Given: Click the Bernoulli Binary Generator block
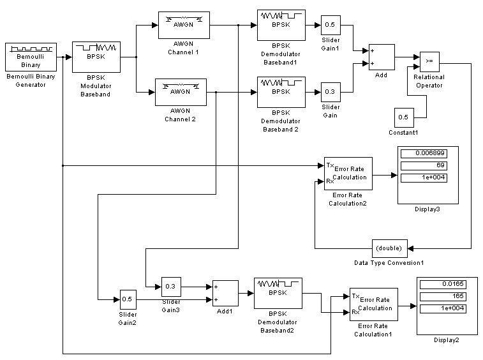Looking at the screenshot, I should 31,56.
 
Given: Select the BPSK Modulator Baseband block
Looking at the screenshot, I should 95,56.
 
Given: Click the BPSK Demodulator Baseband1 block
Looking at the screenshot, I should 281,25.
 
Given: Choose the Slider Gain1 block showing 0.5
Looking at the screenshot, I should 330,25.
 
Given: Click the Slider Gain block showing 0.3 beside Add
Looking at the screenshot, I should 330,92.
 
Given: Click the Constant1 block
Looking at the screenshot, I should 403,117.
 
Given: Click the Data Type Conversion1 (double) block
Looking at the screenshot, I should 389,248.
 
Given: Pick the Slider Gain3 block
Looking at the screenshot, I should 170,286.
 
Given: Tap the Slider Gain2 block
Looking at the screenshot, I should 128,299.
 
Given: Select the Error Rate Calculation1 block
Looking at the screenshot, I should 373,304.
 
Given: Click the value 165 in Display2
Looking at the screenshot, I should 441,297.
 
